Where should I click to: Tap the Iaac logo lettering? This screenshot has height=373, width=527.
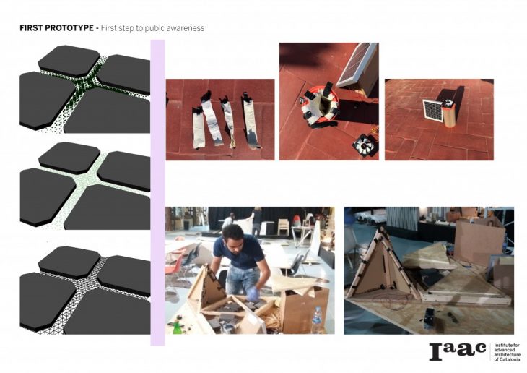point(458,352)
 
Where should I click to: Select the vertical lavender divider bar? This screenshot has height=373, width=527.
point(157,192)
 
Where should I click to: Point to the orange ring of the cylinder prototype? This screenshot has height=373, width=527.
point(319,103)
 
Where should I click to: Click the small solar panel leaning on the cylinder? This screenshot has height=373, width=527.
point(433,110)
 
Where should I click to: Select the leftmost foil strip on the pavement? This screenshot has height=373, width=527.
point(199,127)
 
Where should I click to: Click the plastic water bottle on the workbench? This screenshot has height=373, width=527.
point(316,320)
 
